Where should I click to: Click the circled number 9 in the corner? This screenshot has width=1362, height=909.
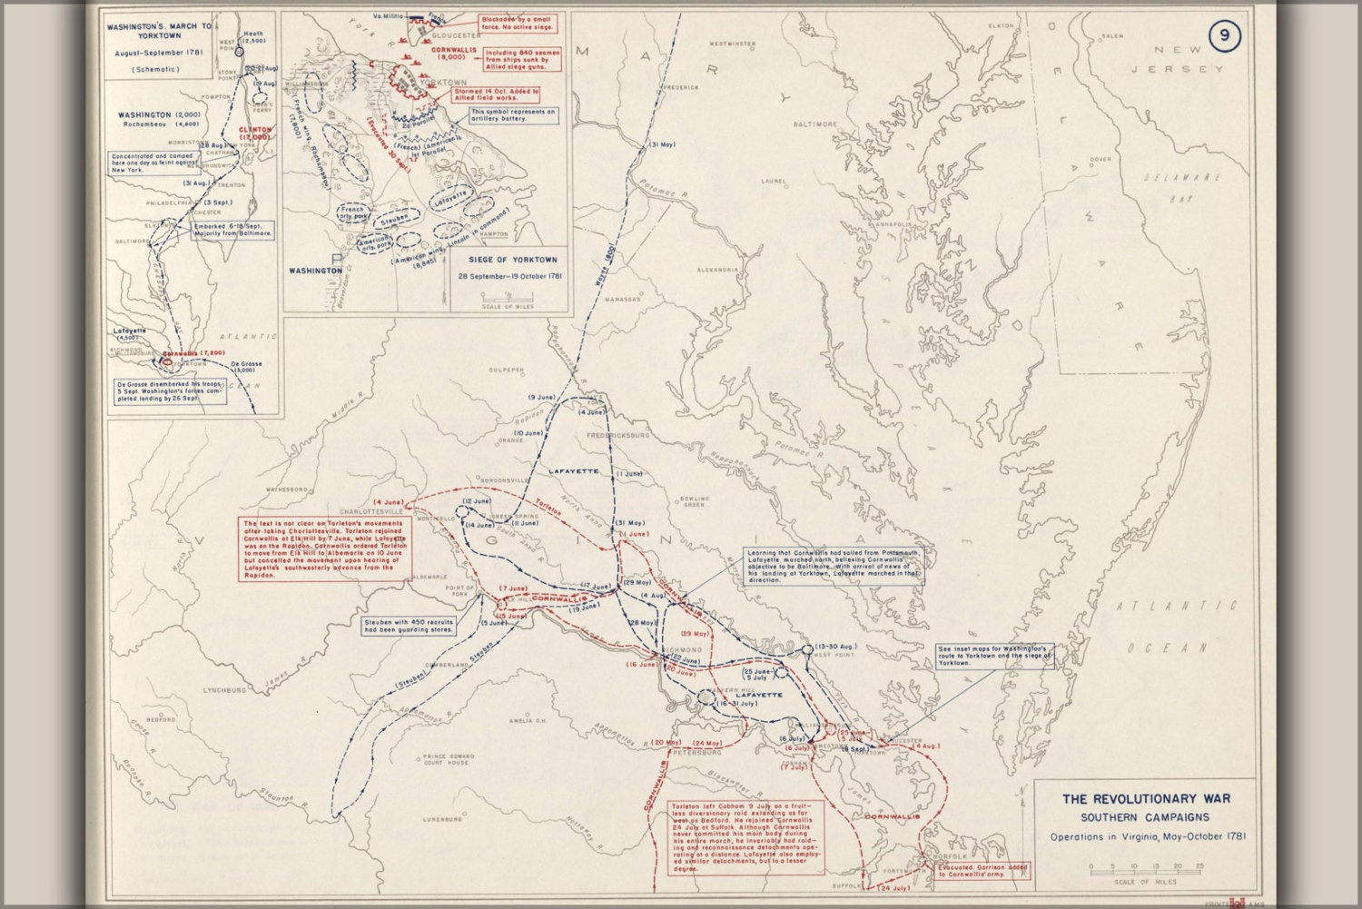(1224, 36)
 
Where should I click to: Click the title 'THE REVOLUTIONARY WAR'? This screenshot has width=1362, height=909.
(1146, 799)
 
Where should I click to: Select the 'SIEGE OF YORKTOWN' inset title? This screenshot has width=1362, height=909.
(513, 260)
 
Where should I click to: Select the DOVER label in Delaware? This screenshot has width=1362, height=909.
(1100, 159)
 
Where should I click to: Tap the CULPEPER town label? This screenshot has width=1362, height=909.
(507, 371)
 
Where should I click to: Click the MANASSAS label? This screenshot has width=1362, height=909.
(623, 299)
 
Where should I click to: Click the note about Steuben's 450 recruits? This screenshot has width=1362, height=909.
(409, 626)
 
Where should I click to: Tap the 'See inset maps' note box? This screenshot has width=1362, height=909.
(995, 656)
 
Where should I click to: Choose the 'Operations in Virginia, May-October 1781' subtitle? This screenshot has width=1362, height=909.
(1147, 837)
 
